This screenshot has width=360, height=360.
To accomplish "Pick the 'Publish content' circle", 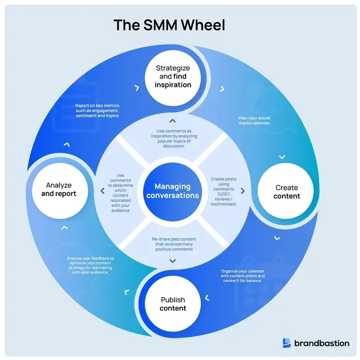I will (173, 304).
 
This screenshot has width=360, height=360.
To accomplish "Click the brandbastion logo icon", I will (287, 342).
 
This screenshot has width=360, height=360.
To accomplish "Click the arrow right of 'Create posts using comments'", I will (242, 191).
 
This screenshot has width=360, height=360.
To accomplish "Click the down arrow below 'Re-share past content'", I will (172, 260).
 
